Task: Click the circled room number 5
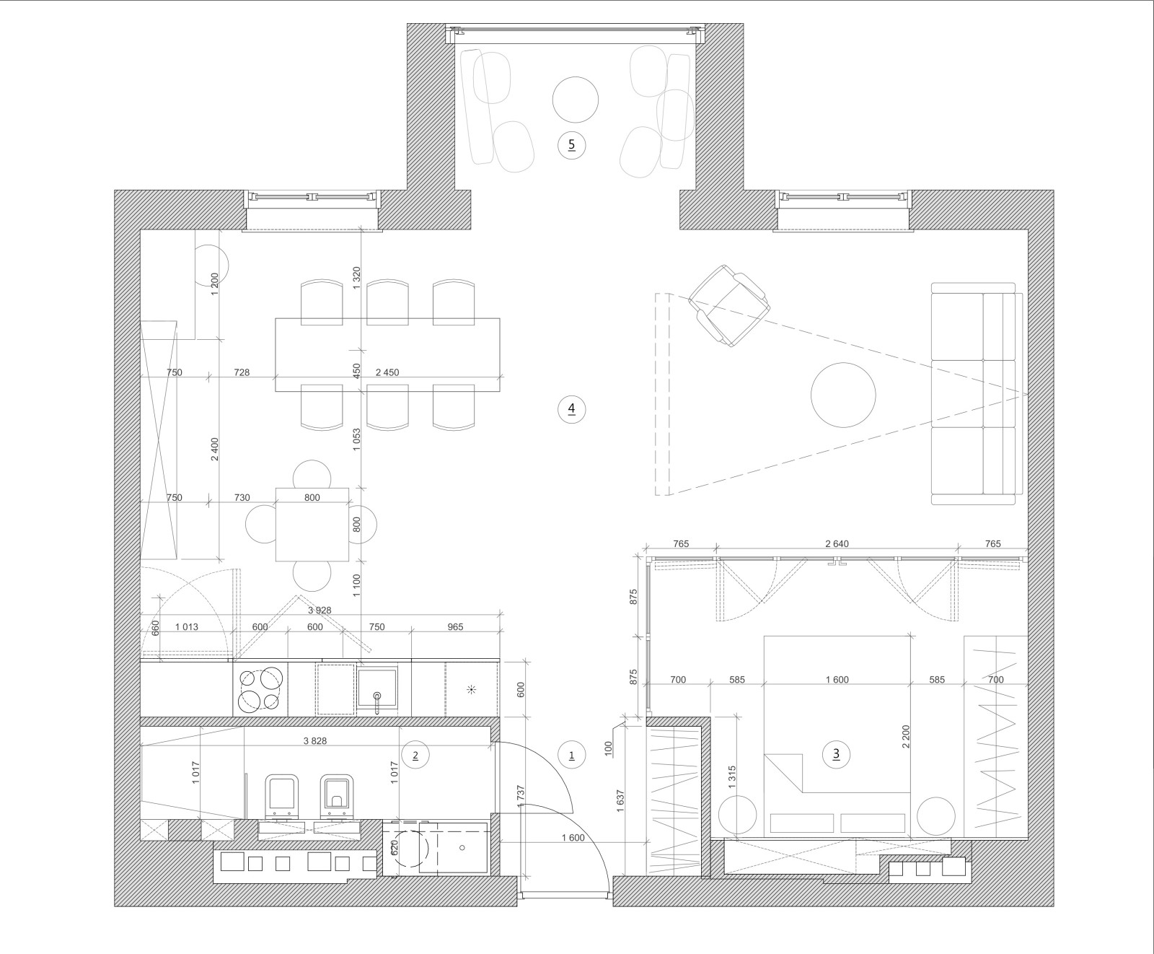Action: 572,145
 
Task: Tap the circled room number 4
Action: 572,409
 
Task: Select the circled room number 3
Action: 837,755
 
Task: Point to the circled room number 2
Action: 415,756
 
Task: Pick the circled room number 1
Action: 572,756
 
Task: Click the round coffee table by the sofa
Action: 843,395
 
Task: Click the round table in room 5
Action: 576,100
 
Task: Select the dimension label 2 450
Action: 387,373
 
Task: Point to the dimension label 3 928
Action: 320,610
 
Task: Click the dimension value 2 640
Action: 837,544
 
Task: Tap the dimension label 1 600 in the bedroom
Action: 837,680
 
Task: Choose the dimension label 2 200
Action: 906,736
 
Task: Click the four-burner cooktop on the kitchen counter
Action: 260,689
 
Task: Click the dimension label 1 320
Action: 356,277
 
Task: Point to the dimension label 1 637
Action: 620,801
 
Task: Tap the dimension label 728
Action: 242,373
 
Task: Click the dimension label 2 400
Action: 214,450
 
